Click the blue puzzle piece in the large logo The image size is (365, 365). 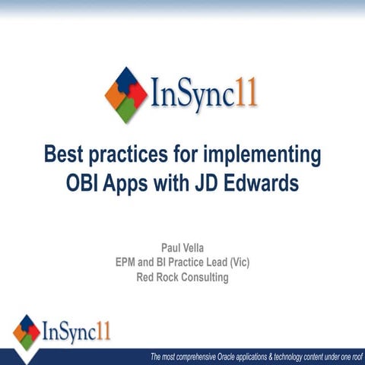(x=125, y=80)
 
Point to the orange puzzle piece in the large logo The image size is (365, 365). (x=113, y=95)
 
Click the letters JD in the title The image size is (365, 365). (x=215, y=183)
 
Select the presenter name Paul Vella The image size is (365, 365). (x=182, y=249)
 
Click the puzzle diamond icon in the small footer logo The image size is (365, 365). (x=27, y=331)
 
